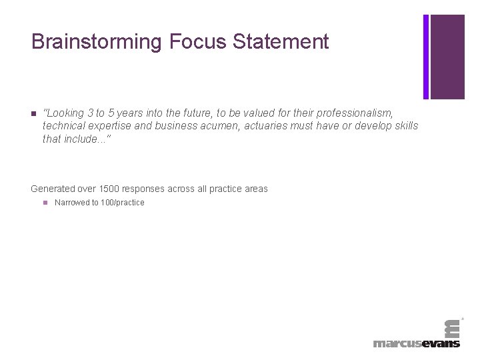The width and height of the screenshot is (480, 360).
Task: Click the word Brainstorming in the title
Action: (97, 42)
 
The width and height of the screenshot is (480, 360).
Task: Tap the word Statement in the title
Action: (281, 42)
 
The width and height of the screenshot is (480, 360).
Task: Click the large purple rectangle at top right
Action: (447, 57)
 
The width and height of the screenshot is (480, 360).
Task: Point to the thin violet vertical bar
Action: (426, 57)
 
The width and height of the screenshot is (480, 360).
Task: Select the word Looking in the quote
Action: (65, 113)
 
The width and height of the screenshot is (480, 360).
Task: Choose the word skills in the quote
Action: (405, 126)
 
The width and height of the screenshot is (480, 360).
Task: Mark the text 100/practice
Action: (122, 203)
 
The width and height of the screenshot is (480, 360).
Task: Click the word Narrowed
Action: (72, 203)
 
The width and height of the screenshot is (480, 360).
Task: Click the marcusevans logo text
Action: (417, 343)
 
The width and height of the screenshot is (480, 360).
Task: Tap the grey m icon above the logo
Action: (452, 328)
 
